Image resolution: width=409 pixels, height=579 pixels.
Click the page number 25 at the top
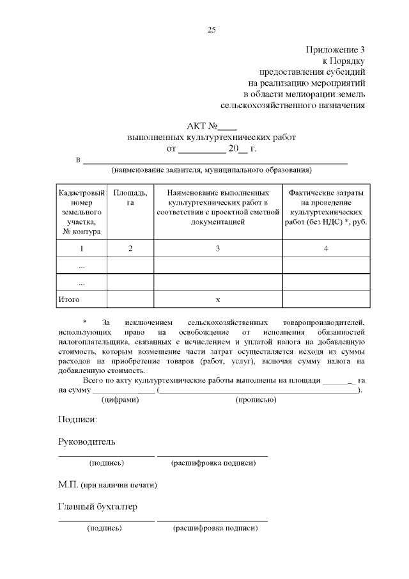tap(212, 29)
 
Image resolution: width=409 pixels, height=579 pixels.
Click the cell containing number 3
tap(217, 248)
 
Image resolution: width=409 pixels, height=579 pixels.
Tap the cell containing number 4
tap(326, 248)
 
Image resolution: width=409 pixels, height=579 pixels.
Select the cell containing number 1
tap(81, 248)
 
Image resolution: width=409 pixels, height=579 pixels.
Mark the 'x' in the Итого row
tap(217, 299)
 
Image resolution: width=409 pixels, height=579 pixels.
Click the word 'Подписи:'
tap(77, 420)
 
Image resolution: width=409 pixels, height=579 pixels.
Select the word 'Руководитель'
tap(87, 442)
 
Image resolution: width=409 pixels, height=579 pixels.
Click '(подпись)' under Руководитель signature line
tap(106, 463)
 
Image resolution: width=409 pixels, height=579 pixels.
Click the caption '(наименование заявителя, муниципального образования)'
tap(211, 170)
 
